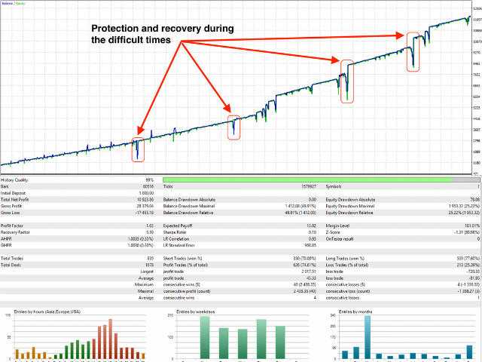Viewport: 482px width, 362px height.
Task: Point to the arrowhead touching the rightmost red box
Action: [x=401, y=34]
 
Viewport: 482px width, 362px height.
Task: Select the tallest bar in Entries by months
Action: [x=367, y=337]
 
